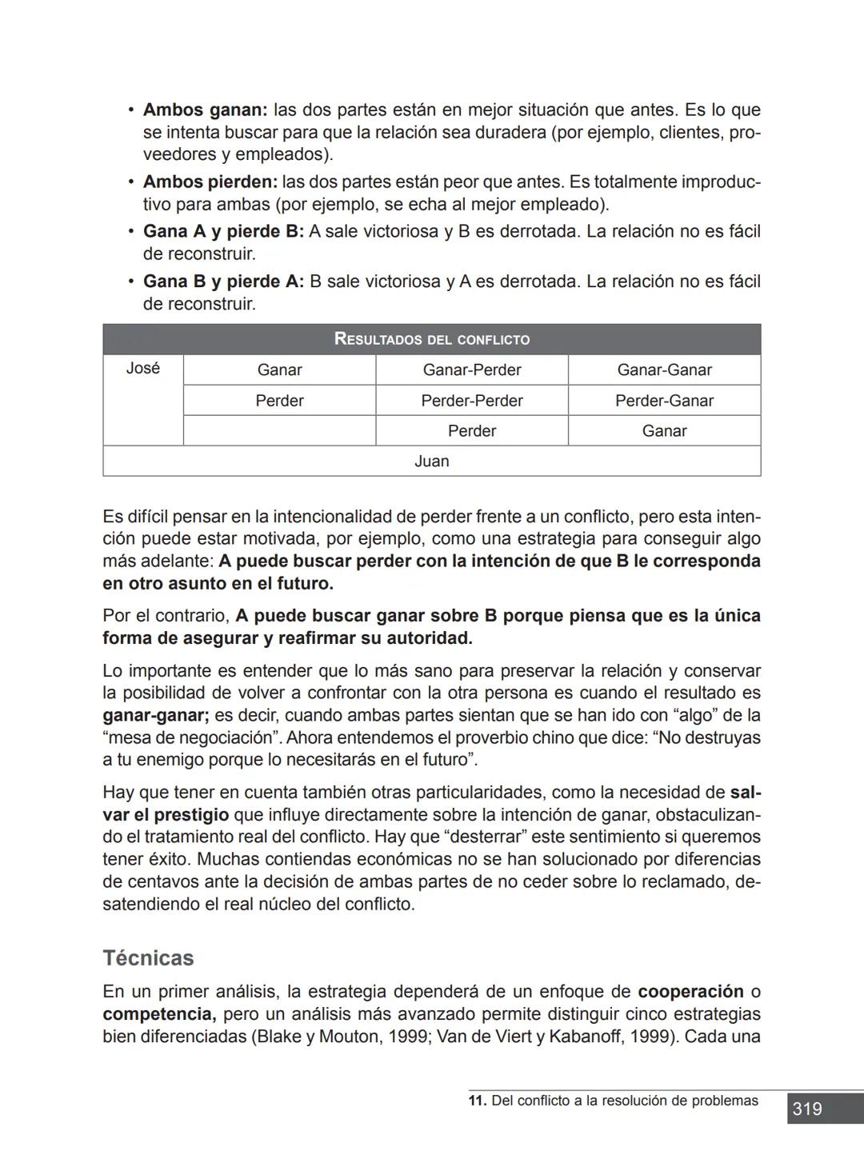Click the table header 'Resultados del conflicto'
(431, 339)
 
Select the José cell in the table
(143, 369)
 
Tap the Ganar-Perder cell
(471, 370)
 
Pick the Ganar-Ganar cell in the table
(664, 370)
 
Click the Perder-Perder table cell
(471, 401)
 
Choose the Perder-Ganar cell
(664, 401)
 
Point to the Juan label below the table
(431, 462)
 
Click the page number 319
(807, 1109)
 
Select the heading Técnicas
(148, 958)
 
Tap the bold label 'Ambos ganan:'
(205, 110)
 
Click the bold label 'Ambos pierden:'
(210, 182)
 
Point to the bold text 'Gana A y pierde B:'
(223, 232)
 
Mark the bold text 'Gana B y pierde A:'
(223, 282)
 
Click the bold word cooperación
(690, 992)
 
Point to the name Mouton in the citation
(350, 1037)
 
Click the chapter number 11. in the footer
(477, 1101)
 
